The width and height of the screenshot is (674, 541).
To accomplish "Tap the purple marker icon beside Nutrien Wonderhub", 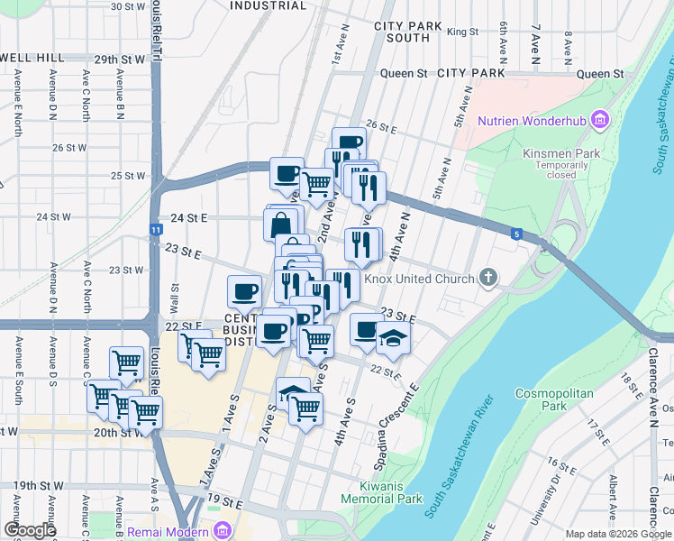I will tap(601, 121).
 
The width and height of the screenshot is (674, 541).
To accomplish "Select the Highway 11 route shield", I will tap(156, 230).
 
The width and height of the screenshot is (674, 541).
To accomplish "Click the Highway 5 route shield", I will tap(516, 234).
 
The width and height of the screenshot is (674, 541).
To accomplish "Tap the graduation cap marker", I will tap(393, 339).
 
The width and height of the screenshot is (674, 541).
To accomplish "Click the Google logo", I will tap(30, 531).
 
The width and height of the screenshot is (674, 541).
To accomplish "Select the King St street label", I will tap(462, 32).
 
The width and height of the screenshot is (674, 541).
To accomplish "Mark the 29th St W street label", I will tap(119, 60).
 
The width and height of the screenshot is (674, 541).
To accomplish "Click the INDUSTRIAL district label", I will tap(268, 5).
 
